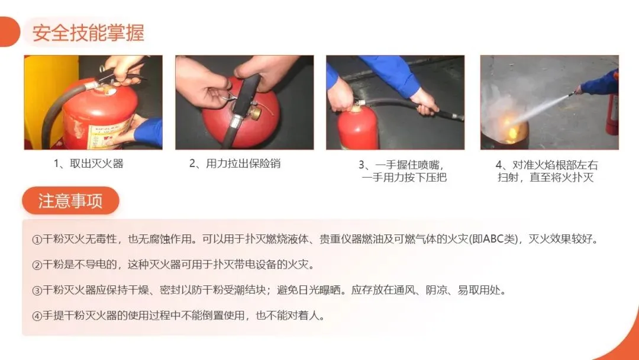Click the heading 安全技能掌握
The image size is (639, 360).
pyautogui.click(x=88, y=33)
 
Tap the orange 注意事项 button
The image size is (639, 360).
pyautogui.click(x=70, y=201)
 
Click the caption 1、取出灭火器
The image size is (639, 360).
pyautogui.click(x=88, y=164)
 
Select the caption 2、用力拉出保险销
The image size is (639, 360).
pyautogui.click(x=235, y=164)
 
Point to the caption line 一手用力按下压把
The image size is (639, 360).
pyautogui.click(x=404, y=178)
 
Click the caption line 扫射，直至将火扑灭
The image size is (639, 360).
pyautogui.click(x=546, y=178)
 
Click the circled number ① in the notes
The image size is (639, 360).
pyautogui.click(x=37, y=240)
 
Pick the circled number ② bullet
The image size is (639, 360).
pyautogui.click(x=37, y=265)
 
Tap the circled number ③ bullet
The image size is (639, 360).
pyautogui.click(x=37, y=291)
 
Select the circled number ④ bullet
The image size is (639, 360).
pyautogui.click(x=37, y=316)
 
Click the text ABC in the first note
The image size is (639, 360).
pyautogui.click(x=494, y=239)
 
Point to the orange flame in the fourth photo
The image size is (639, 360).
pyautogui.click(x=511, y=130)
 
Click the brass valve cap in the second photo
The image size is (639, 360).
pyautogui.click(x=256, y=112)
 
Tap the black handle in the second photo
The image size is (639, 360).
pyautogui.click(x=246, y=94)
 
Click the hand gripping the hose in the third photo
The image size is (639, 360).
pyautogui.click(x=424, y=101)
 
